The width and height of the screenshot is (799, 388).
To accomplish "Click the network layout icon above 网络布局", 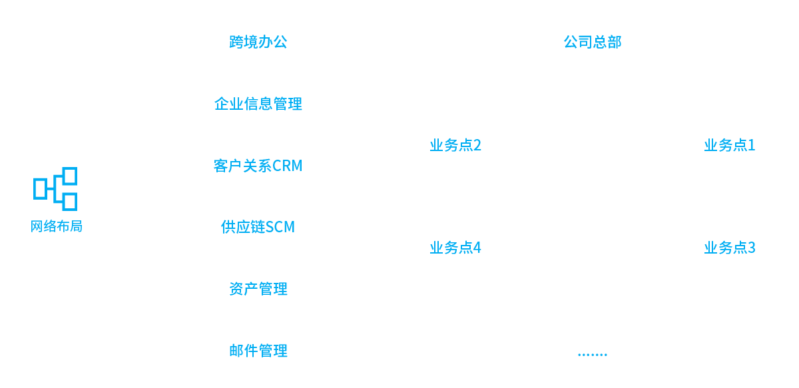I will tap(55, 188).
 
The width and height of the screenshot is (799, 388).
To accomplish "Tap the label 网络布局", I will tap(57, 226).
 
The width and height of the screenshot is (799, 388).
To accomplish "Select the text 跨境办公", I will tap(258, 42).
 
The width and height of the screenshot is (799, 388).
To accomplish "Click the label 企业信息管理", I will tap(258, 104).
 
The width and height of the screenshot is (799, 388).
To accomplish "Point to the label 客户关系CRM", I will tap(258, 166).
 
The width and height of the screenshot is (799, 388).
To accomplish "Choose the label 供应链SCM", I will tap(258, 227).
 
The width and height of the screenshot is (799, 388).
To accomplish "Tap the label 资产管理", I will tap(258, 289).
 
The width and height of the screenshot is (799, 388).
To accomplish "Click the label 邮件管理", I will tap(258, 351).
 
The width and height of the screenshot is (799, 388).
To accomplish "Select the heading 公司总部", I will tap(592, 42).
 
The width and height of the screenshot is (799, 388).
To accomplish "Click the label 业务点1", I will tap(729, 145).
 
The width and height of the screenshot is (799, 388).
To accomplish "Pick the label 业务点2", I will tap(455, 145).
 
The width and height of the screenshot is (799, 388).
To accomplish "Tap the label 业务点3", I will tap(729, 248).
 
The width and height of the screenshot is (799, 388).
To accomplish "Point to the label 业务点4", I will tap(455, 248).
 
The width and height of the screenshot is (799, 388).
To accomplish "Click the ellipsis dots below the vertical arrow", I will tap(592, 354).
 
